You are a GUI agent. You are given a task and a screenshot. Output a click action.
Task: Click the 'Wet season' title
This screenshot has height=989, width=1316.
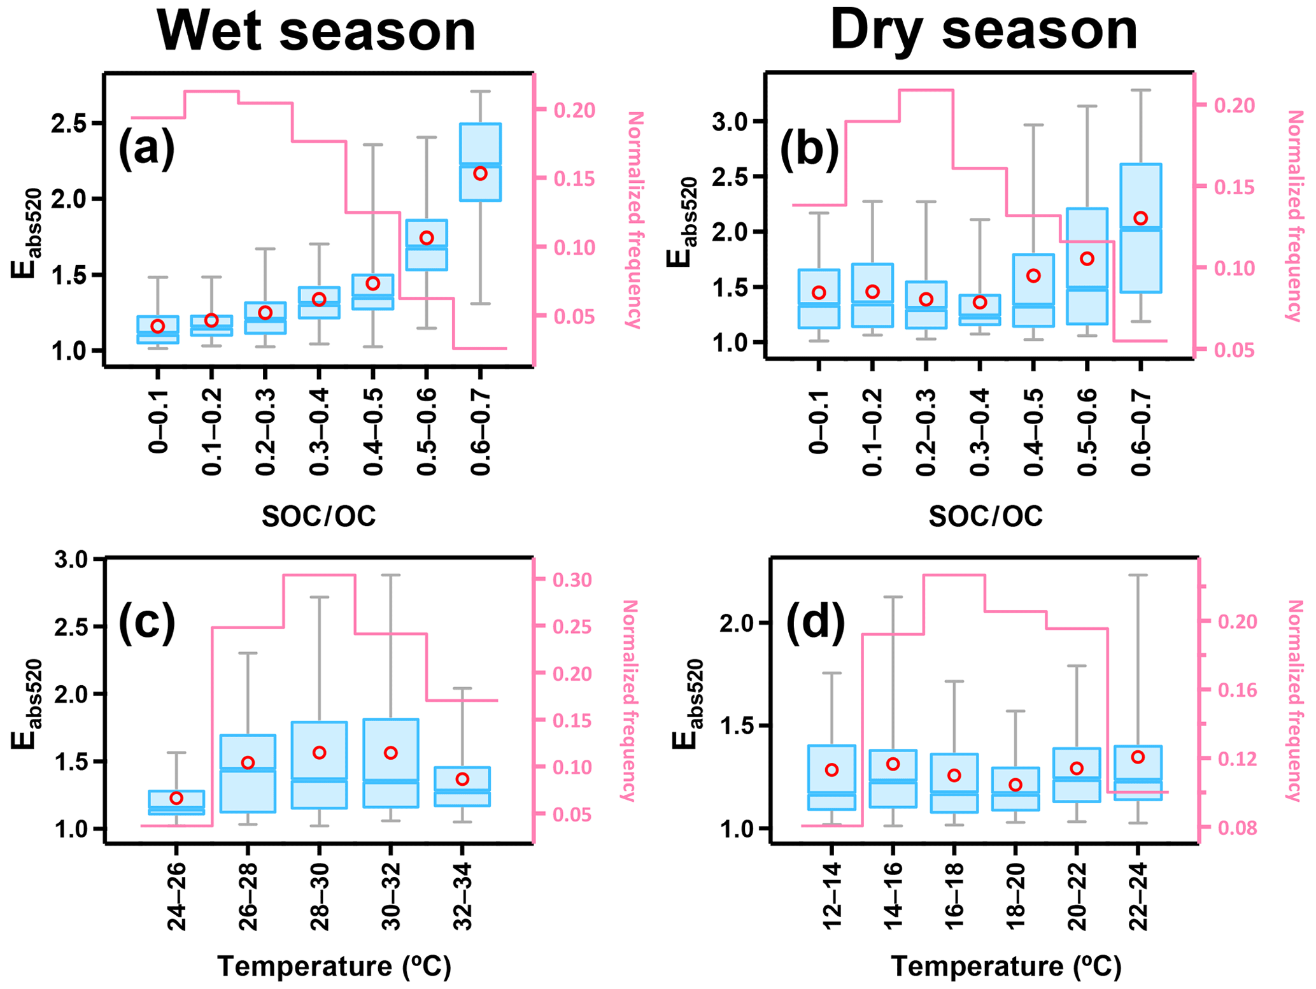tap(316, 32)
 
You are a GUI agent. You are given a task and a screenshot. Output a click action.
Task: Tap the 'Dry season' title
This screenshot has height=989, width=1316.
tap(984, 32)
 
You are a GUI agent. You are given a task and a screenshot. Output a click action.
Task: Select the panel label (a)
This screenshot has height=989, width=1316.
tap(146, 148)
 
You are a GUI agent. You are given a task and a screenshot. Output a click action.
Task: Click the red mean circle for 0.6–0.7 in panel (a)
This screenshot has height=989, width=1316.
tap(480, 173)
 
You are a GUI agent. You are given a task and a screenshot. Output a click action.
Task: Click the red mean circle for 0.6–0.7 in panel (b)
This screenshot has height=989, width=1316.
tap(1141, 218)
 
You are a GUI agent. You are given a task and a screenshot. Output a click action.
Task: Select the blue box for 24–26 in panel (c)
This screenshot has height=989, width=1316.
tap(176, 802)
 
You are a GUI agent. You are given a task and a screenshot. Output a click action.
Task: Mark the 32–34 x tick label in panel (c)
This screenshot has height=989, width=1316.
tap(463, 897)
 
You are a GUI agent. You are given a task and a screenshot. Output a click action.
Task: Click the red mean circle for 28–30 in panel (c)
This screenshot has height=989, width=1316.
tap(320, 753)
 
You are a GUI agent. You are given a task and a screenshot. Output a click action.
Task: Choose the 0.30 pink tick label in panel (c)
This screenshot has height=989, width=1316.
tap(572, 580)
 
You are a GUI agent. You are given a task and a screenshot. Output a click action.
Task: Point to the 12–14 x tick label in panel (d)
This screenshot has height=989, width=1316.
tap(832, 897)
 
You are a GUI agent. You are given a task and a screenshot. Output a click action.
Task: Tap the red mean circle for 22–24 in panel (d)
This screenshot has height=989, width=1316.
tap(1138, 757)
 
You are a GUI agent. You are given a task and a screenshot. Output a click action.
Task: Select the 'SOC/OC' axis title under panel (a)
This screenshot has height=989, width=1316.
tap(318, 516)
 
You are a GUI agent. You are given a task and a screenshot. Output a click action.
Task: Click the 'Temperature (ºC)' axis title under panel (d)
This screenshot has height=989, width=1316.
tap(1006, 967)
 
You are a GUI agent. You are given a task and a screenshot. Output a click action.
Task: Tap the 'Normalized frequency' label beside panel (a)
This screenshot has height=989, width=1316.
tap(634, 220)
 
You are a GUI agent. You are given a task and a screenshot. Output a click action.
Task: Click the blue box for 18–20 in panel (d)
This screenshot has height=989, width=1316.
tap(1015, 789)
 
